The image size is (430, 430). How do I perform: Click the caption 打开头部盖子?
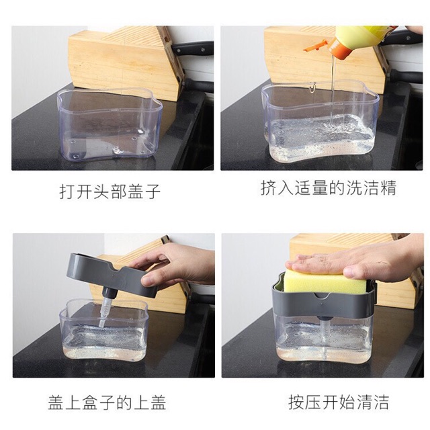110,191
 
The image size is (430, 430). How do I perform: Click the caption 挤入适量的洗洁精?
329,188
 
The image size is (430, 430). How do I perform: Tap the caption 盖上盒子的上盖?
107,403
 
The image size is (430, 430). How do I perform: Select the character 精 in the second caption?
388,188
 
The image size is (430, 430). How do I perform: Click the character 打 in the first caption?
67,191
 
